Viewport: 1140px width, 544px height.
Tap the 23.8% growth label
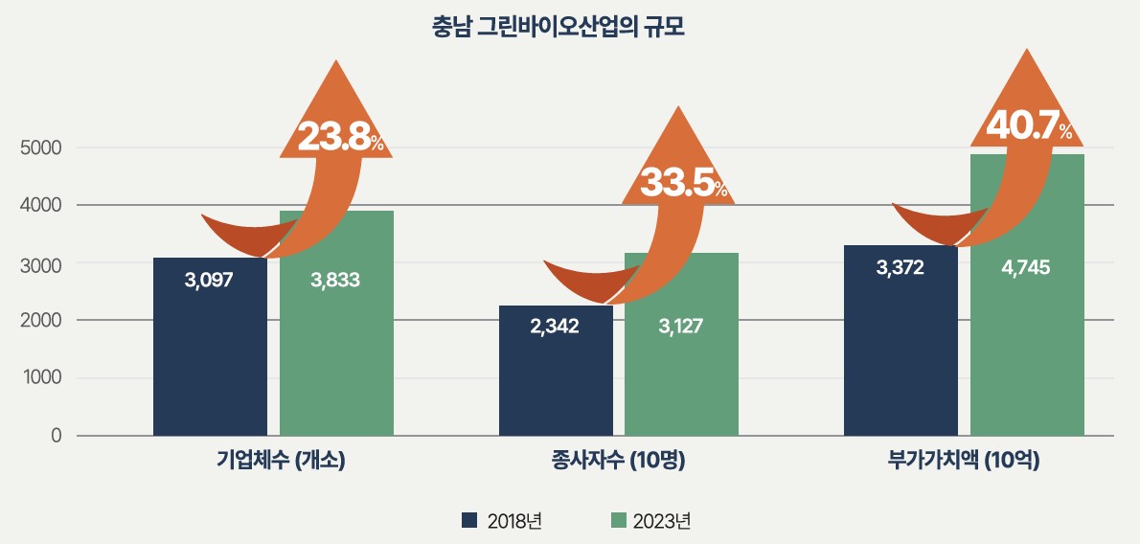340,138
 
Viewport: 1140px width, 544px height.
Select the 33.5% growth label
683,183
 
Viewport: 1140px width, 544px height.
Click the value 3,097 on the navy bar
210,281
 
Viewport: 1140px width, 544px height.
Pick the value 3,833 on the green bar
335,281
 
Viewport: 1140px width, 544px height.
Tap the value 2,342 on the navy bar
555,326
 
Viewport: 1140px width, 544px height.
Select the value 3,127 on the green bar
680,326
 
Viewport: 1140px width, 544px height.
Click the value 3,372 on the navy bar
900,267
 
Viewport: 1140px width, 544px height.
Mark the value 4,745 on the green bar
1026,267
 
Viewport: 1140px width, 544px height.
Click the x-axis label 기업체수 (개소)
281,461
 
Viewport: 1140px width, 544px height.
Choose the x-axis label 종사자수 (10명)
619,461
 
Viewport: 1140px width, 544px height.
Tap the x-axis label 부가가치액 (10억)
964,461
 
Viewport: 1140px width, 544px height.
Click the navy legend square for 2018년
469,520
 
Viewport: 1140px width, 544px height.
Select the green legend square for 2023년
618,520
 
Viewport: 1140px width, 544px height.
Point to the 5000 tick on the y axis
40,147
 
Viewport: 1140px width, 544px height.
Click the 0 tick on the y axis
56,436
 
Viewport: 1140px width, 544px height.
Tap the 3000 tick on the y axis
40,262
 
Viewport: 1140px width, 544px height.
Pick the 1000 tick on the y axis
40,378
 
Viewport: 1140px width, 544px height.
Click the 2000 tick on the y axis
40,320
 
